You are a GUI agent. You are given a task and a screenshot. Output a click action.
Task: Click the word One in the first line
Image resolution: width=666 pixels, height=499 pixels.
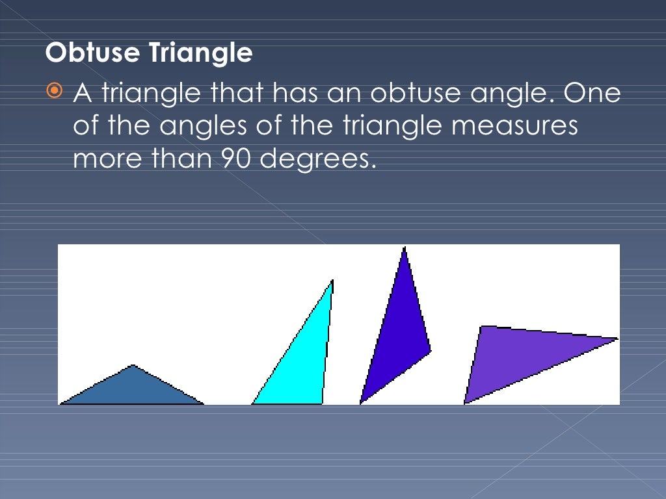pos(592,94)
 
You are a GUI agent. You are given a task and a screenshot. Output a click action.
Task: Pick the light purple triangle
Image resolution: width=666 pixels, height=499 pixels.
pos(514,357)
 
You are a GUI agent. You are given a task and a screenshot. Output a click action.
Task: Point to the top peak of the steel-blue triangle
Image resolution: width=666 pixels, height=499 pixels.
pos(133,366)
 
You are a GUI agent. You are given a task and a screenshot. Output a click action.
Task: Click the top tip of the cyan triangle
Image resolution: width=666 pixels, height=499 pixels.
pos(332,281)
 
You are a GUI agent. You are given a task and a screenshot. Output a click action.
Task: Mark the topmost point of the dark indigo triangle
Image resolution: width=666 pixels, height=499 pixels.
pos(405,248)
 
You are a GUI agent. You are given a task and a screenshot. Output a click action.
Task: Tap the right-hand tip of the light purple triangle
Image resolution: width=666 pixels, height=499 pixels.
pos(616,339)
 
